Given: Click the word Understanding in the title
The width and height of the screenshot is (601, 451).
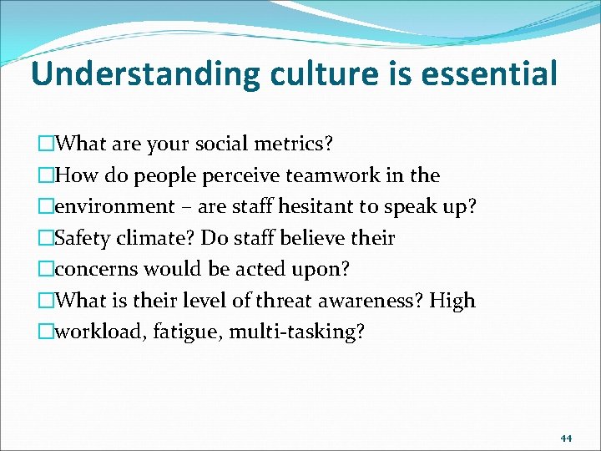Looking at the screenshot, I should [x=146, y=74].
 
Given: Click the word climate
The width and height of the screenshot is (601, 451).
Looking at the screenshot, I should [x=159, y=238].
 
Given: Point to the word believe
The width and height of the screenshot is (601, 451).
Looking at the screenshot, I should [x=311, y=238].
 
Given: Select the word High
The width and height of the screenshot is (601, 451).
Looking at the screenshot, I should [x=452, y=301].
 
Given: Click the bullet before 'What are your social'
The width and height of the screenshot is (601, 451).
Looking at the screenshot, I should [x=45, y=144].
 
